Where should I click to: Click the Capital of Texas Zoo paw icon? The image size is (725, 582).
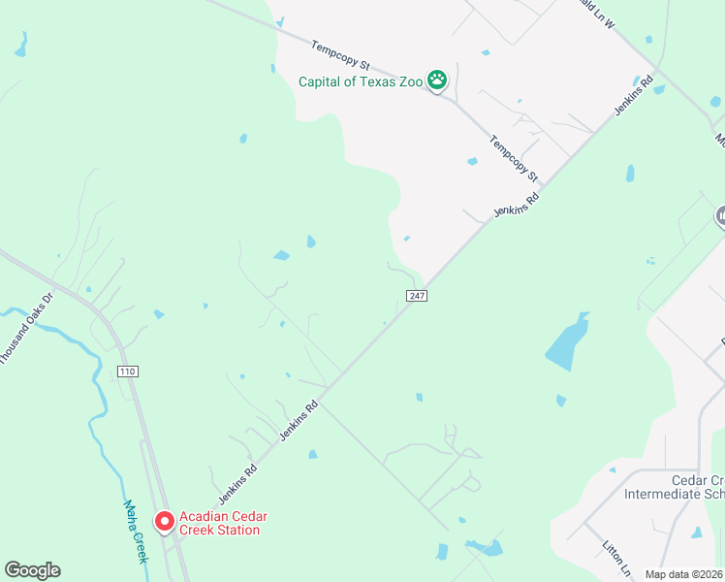(438, 81)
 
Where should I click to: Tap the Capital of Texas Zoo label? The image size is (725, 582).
(361, 82)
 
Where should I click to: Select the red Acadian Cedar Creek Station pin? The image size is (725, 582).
(164, 523)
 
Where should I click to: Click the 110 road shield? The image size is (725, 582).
(126, 372)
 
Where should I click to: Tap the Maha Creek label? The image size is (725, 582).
(135, 531)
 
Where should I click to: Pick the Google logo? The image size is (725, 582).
(32, 570)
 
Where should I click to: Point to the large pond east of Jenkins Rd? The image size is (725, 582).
(568, 342)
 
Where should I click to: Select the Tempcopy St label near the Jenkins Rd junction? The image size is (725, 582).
(514, 157)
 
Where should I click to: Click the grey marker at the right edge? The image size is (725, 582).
(720, 217)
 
